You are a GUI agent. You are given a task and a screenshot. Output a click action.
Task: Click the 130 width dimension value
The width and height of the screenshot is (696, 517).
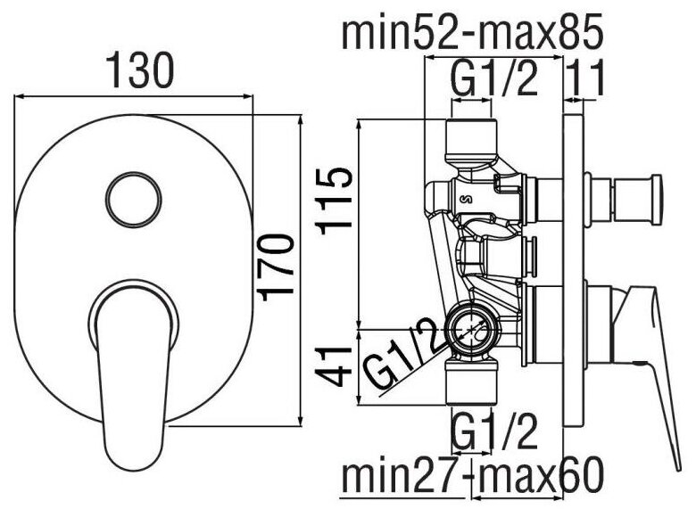pyautogui.click(x=138, y=70)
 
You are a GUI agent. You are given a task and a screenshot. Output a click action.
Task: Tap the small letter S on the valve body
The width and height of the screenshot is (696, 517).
pyautogui.click(x=468, y=198)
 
